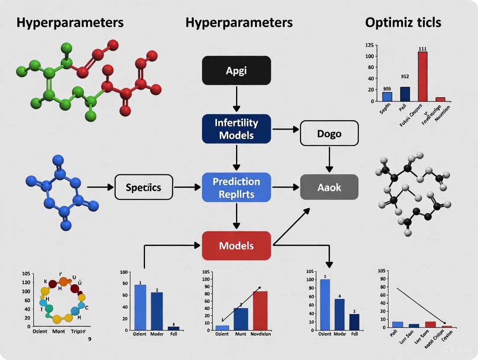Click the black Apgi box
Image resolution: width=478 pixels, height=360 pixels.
tap(236, 70)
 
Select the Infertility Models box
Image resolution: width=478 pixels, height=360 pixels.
tap(236, 129)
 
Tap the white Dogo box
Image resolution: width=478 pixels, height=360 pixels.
tap(329, 133)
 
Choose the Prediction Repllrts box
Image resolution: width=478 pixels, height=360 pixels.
tap(236, 187)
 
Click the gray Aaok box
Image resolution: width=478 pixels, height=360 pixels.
tap(329, 187)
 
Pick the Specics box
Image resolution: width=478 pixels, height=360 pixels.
tap(143, 187)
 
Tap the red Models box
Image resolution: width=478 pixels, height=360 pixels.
tap(236, 246)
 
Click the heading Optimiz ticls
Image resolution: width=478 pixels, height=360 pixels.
tap(403, 22)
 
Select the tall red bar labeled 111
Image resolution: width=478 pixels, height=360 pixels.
tap(423, 76)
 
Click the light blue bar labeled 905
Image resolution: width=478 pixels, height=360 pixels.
tap(387, 96)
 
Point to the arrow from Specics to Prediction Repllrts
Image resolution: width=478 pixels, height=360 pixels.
tap(187, 187)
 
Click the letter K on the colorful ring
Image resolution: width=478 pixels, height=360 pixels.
tap(46, 282)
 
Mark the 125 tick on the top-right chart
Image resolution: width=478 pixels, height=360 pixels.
tap(369, 45)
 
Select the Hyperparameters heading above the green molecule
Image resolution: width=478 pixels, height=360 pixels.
tap(70, 22)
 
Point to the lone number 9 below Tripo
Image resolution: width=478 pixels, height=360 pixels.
tap(89, 339)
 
